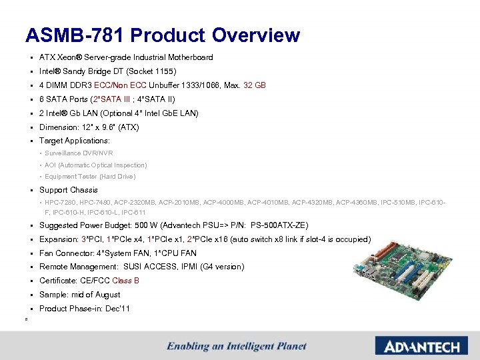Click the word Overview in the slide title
[256, 35]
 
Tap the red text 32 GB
[255, 85]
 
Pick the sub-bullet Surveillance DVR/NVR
[79, 153]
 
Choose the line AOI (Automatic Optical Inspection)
[96, 165]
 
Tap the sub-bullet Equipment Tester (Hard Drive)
[90, 177]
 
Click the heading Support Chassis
[68, 190]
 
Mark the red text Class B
[125, 281]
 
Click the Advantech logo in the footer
[417, 347]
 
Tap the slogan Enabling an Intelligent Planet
[237, 346]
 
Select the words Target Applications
[74, 141]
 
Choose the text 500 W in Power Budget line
[151, 225]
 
